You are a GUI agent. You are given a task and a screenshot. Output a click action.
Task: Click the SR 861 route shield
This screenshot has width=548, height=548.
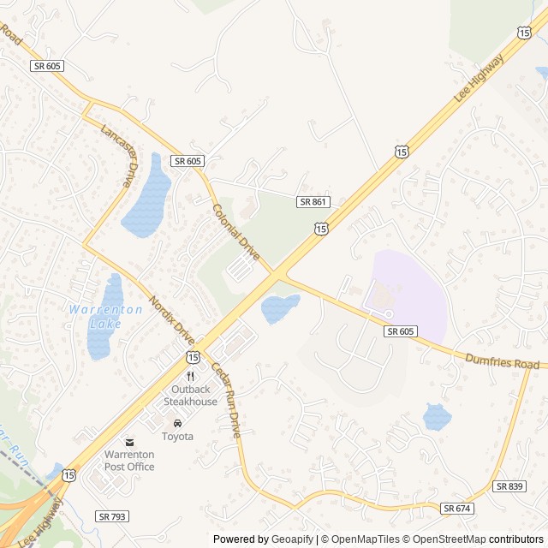(313, 201)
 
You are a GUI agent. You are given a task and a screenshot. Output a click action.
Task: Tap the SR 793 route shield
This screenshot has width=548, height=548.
(112, 516)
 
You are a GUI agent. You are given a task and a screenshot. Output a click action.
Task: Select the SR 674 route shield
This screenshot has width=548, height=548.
(456, 509)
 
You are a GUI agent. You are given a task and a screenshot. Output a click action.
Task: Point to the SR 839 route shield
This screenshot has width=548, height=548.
(509, 485)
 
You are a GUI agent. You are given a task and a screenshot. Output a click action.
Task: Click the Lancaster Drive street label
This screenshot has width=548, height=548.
(118, 156)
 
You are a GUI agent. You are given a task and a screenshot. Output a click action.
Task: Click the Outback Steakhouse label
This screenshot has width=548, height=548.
(190, 396)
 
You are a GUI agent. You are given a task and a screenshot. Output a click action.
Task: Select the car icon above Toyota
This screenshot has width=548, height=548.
(177, 423)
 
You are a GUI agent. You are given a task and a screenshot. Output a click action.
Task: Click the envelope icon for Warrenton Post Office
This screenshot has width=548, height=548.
(129, 442)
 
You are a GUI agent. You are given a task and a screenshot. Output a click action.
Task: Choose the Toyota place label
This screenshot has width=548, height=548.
(177, 436)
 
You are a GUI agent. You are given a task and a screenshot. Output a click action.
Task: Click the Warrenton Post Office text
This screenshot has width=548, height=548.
(129, 461)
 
